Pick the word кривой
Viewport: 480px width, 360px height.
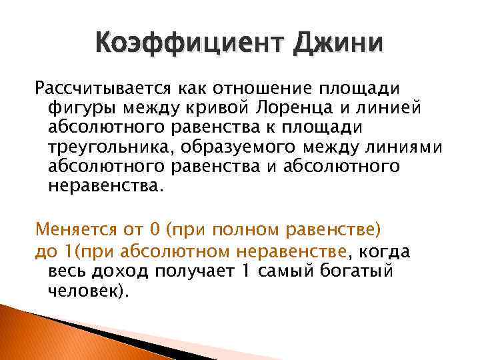(x=224, y=107)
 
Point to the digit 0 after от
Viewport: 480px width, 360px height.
(x=155, y=231)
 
